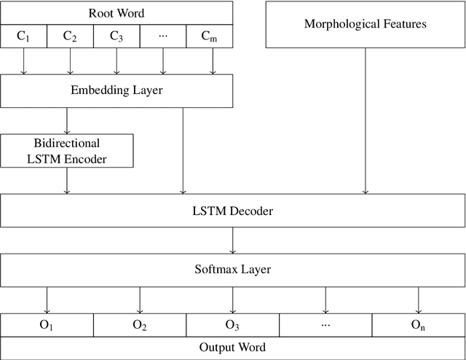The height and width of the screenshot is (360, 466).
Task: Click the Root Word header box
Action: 116,13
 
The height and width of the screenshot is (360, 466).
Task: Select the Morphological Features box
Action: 365,25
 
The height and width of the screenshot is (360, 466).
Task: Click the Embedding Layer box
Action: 116,91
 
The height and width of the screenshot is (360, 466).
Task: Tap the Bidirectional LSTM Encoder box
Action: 67,150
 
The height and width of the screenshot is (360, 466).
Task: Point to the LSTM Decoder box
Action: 233,211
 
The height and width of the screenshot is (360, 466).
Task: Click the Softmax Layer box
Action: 233,269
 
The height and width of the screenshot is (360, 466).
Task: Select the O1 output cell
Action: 47,325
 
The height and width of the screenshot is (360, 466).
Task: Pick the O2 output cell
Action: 140,325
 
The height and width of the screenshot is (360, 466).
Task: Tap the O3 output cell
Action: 233,325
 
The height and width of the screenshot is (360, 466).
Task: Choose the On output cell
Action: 419,325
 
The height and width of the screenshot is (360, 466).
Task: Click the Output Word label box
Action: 233,347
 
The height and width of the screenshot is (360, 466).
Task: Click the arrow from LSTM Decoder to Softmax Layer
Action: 233,240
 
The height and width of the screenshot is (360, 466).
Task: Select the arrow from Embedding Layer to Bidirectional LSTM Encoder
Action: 67,120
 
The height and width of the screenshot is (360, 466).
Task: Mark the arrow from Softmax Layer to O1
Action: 47,300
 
